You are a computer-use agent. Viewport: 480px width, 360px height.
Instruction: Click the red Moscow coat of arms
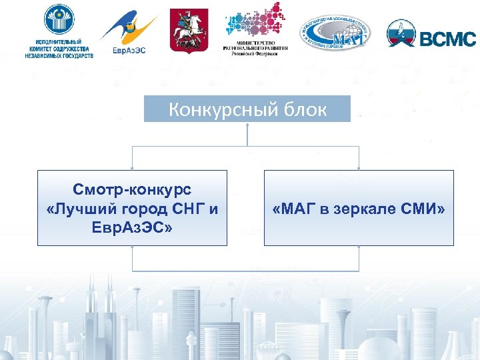(189, 30)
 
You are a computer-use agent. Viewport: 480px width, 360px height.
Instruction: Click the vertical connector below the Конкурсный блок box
(247, 134)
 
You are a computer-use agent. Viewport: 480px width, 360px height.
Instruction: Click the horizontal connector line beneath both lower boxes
(247, 271)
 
